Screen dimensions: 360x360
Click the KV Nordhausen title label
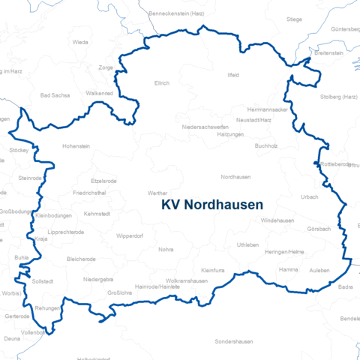(x=211, y=205)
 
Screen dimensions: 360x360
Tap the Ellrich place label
(x=162, y=83)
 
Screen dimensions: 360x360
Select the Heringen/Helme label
(x=284, y=252)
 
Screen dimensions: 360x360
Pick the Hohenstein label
(x=75, y=146)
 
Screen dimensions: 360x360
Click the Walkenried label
(x=100, y=93)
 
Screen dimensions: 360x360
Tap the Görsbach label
(x=319, y=228)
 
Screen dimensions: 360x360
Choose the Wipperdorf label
(x=129, y=236)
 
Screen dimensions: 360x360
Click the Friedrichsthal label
(x=89, y=193)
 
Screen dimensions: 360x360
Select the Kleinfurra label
(x=214, y=269)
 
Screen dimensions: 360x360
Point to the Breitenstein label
(x=329, y=54)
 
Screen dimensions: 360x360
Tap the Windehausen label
(x=277, y=220)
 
